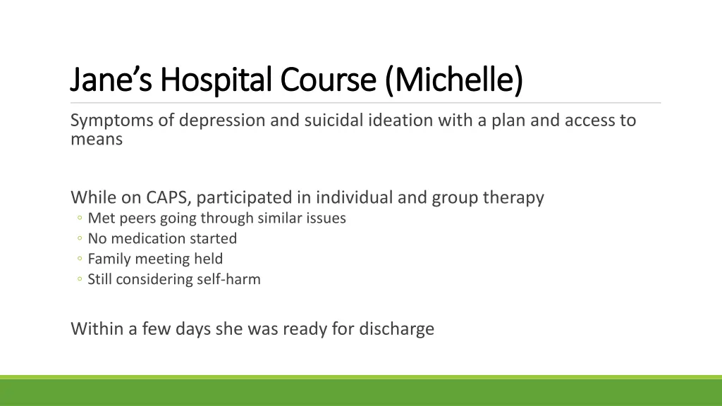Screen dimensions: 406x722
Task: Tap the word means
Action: point(97,140)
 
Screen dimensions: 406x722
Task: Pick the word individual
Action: point(355,197)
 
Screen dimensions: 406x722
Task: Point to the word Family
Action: point(109,259)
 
